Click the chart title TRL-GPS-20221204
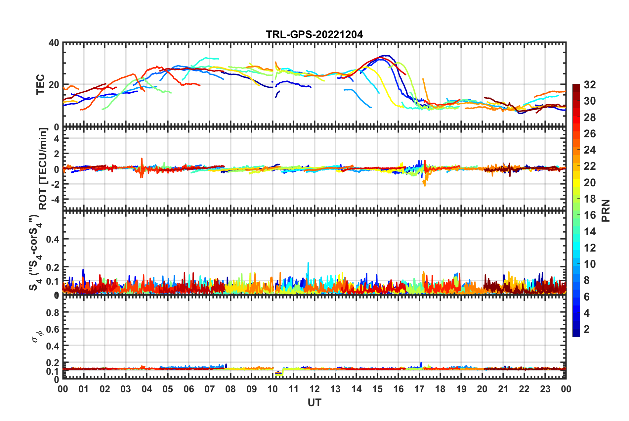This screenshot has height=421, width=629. coord(314,34)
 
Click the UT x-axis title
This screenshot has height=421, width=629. coord(314,402)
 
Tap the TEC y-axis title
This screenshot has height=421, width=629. coord(40,84)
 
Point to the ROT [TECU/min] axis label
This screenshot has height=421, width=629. coord(43,169)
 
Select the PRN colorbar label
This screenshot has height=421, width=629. coord(606,210)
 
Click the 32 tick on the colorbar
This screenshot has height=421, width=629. coord(590,85)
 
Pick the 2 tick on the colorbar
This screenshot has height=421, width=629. coord(587,329)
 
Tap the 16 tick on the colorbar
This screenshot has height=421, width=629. coord(590,215)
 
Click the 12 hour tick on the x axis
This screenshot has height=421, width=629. coord(314,389)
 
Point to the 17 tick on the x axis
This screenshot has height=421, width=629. coord(419,389)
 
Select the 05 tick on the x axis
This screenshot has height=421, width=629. coord(168,389)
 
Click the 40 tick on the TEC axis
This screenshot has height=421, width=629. coord(54,43)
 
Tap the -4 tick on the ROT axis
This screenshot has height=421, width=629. coord(55,199)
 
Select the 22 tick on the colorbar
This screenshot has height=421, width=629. coord(590,166)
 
